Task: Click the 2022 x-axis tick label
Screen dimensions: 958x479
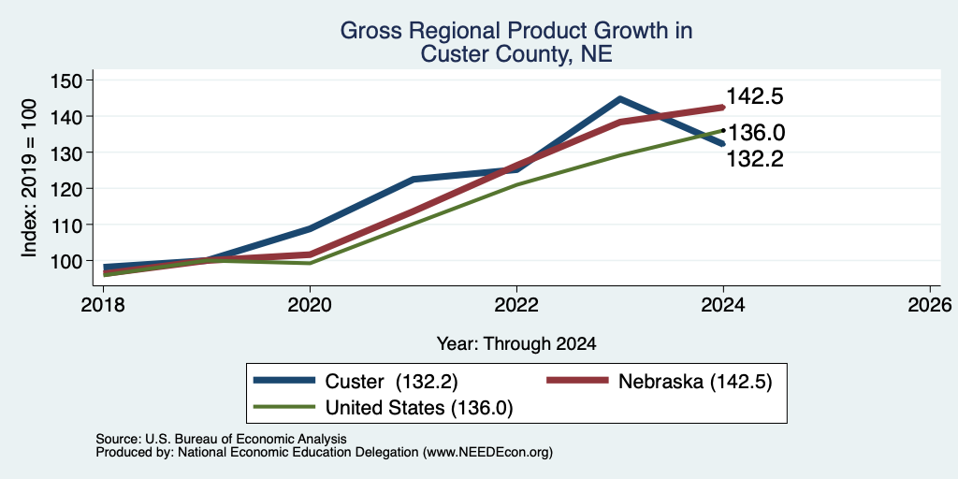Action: tap(516, 305)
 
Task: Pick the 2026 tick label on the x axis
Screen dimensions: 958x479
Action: tap(931, 305)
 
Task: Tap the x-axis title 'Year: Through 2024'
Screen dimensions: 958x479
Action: tap(516, 344)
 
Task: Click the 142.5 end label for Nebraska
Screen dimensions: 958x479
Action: tap(755, 96)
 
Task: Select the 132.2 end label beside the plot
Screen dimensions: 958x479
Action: tap(755, 159)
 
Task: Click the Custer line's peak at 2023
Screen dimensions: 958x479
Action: tap(619, 98)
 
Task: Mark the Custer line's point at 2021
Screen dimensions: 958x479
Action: tap(414, 179)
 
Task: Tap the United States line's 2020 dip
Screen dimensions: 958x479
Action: tap(310, 263)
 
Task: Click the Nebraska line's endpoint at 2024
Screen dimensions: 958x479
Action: tap(723, 107)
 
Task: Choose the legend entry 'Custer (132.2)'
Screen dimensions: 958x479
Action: tap(356, 381)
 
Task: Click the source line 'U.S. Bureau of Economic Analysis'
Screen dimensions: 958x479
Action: tap(246, 439)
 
